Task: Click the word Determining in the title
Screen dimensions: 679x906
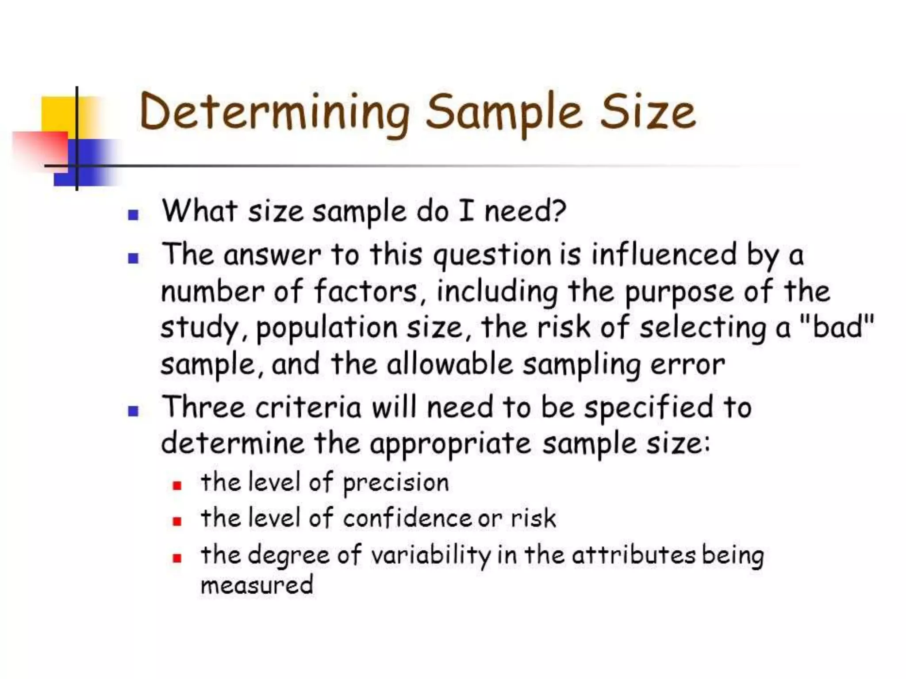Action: (x=275, y=113)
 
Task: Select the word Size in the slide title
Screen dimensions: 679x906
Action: (x=648, y=113)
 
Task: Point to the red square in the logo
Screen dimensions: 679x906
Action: (x=42, y=148)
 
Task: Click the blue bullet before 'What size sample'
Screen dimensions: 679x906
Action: (x=133, y=215)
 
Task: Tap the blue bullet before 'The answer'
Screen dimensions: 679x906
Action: (x=133, y=258)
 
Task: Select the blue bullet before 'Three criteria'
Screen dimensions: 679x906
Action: (x=133, y=411)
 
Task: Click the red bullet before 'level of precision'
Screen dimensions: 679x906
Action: (x=177, y=485)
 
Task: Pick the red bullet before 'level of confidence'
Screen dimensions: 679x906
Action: (x=177, y=522)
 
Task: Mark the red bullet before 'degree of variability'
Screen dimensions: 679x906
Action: (x=177, y=558)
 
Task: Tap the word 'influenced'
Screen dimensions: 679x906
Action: (x=664, y=255)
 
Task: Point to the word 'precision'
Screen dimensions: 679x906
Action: (x=396, y=483)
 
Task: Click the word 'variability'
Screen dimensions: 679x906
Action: (x=430, y=556)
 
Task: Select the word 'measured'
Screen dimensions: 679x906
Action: (x=257, y=585)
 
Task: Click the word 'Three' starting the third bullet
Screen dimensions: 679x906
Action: (x=204, y=407)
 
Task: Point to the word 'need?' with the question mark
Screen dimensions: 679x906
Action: (x=525, y=211)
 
